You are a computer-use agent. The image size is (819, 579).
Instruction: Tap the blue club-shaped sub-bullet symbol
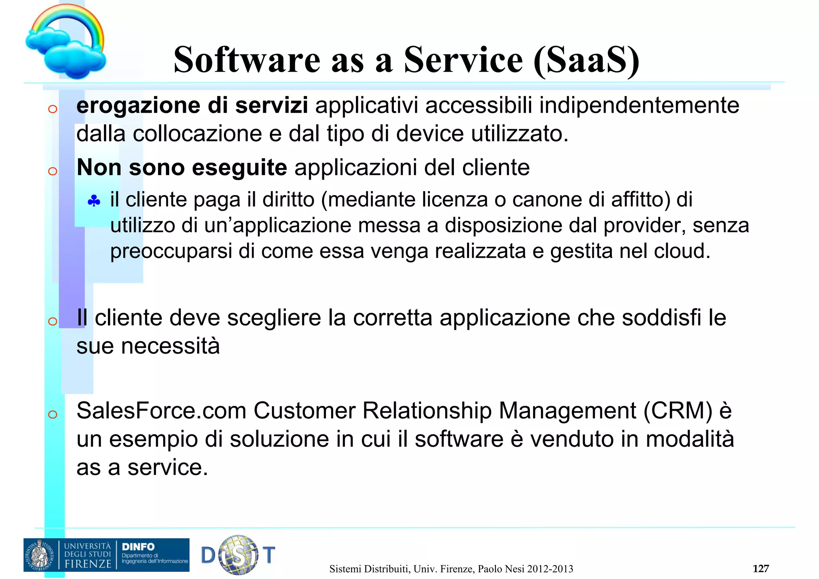coord(94,201)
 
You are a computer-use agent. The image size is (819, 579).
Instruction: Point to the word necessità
coord(170,346)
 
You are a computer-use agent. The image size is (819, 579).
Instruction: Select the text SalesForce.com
coord(161,411)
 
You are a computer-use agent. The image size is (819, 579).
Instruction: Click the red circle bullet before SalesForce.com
coord(52,415)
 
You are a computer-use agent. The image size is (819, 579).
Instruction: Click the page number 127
coord(760,569)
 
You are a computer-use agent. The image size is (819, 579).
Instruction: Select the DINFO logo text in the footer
coord(138,547)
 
